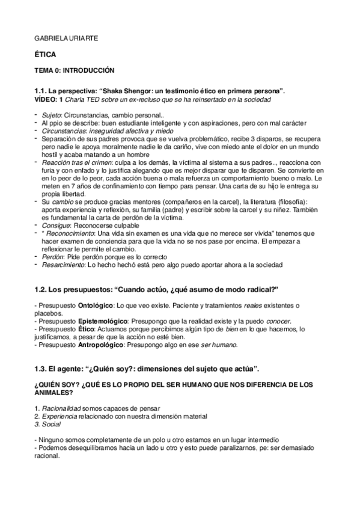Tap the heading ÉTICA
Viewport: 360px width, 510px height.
(x=45, y=54)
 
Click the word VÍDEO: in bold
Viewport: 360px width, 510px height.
(x=46, y=99)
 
